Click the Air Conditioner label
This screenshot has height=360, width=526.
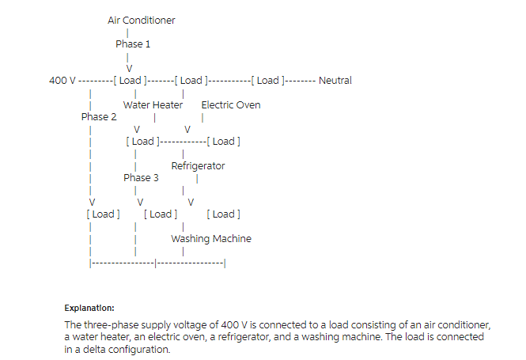tap(142, 21)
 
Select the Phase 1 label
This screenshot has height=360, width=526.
tap(133, 44)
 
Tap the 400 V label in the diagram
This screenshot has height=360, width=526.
tap(62, 81)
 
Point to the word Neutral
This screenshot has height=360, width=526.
tap(335, 81)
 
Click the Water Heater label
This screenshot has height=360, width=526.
tap(153, 105)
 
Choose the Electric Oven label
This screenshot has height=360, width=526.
tap(231, 105)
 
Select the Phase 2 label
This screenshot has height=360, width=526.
tap(99, 117)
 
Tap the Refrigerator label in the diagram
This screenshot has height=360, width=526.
tap(198, 166)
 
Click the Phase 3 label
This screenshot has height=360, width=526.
tap(141, 178)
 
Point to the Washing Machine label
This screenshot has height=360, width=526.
tap(211, 239)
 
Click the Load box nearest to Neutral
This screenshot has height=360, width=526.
tap(268, 81)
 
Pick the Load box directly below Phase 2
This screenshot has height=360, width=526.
tap(103, 214)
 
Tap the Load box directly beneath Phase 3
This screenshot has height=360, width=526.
tap(161, 214)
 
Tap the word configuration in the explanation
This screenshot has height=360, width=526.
tap(134, 349)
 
